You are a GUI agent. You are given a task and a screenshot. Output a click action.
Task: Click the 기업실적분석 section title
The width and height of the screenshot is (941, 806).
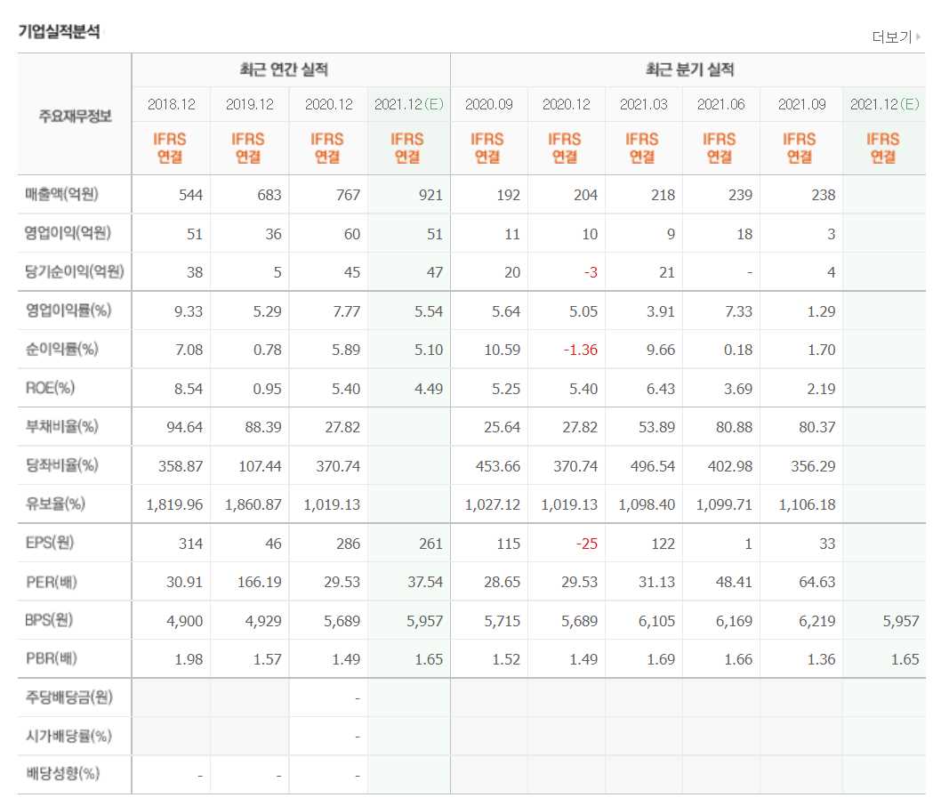[x=59, y=31]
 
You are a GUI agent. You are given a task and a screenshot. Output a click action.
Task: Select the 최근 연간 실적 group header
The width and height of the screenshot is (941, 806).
[x=290, y=70]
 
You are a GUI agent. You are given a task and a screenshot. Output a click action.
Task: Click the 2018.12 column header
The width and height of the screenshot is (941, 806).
[x=171, y=104]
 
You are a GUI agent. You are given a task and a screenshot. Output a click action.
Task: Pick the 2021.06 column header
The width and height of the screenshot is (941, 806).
[x=720, y=104]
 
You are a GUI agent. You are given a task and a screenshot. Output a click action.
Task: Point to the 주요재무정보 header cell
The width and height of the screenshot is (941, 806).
[x=75, y=116]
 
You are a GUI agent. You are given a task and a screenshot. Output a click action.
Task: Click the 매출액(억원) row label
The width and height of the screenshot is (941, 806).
[x=74, y=195]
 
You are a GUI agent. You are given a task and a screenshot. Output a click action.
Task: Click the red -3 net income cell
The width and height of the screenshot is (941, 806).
[x=590, y=272]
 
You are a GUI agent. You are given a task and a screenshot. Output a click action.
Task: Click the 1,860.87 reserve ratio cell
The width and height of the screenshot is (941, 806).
[x=253, y=504]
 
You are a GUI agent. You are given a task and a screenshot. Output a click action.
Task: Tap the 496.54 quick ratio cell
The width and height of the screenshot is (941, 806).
[x=656, y=465]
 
